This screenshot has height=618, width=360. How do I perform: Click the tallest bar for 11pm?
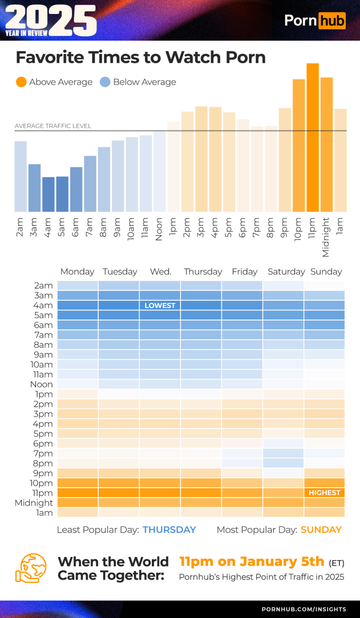pyautogui.click(x=312, y=138)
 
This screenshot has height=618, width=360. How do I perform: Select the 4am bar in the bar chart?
pyautogui.click(x=48, y=194)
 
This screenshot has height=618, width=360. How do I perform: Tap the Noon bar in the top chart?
pyautogui.click(x=160, y=171)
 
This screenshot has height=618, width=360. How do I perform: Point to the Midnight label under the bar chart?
pyautogui.click(x=326, y=237)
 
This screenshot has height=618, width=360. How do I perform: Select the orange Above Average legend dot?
pyautogui.click(x=21, y=82)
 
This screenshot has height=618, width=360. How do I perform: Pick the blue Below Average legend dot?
pyautogui.click(x=105, y=82)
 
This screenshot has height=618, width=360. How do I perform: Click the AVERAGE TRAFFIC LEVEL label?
pyautogui.click(x=53, y=126)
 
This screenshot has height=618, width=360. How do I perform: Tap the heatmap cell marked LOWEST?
pyautogui.click(x=160, y=305)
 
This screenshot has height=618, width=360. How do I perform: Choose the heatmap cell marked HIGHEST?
pyautogui.click(x=324, y=493)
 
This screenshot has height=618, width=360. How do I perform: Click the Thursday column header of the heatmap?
pyautogui.click(x=203, y=272)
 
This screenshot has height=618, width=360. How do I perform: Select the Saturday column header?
pyautogui.click(x=286, y=272)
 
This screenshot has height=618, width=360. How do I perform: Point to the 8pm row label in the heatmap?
pyautogui.click(x=43, y=463)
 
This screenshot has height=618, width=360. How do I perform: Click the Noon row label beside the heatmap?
pyautogui.click(x=42, y=384)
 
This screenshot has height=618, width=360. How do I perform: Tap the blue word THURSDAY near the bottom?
pyautogui.click(x=169, y=530)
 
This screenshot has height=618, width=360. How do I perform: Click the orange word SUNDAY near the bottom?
pyautogui.click(x=321, y=530)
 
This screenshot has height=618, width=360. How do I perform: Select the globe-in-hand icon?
pyautogui.click(x=31, y=568)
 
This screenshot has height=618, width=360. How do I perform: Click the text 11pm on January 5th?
pyautogui.click(x=252, y=561)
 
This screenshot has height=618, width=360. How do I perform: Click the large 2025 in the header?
pyautogui.click(x=51, y=19)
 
